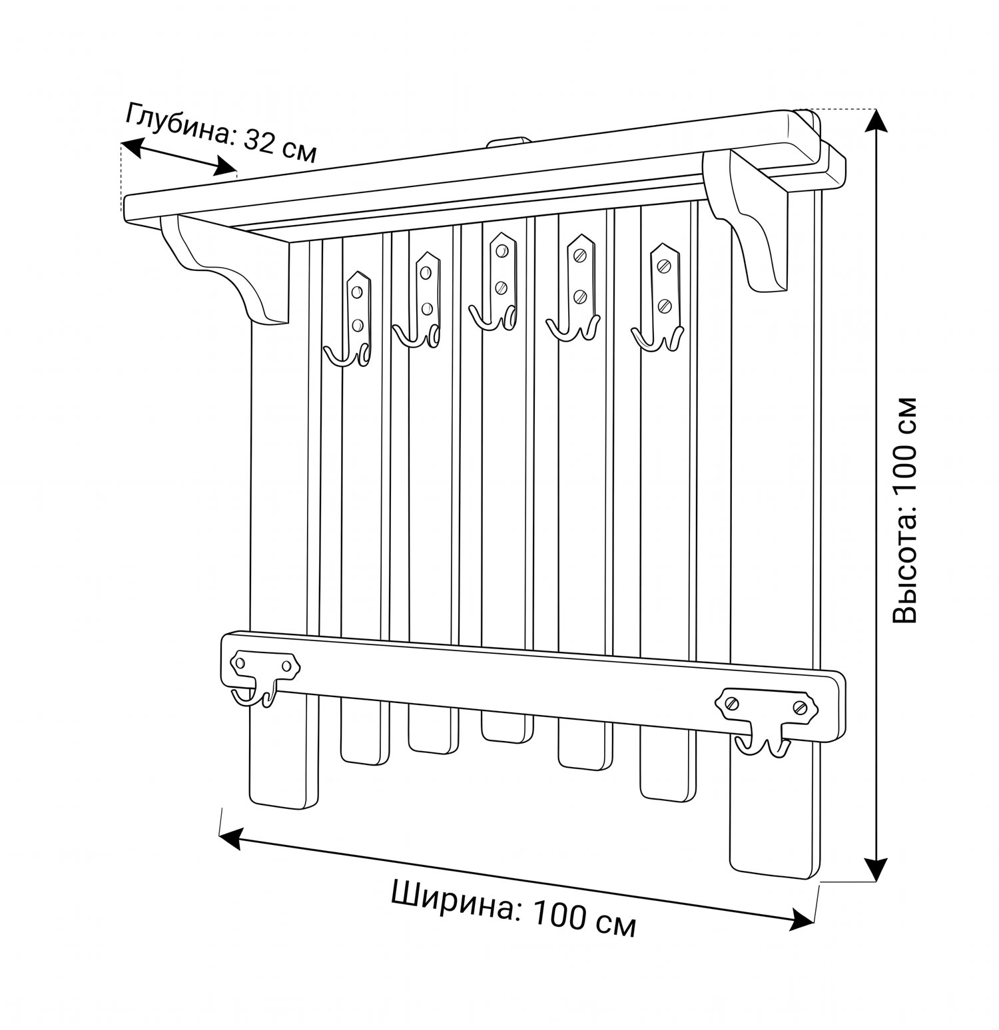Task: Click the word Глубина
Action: (x=178, y=126)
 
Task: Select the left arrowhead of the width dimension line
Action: (x=232, y=838)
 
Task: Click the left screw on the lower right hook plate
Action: (x=731, y=702)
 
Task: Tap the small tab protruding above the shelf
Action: (x=508, y=142)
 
